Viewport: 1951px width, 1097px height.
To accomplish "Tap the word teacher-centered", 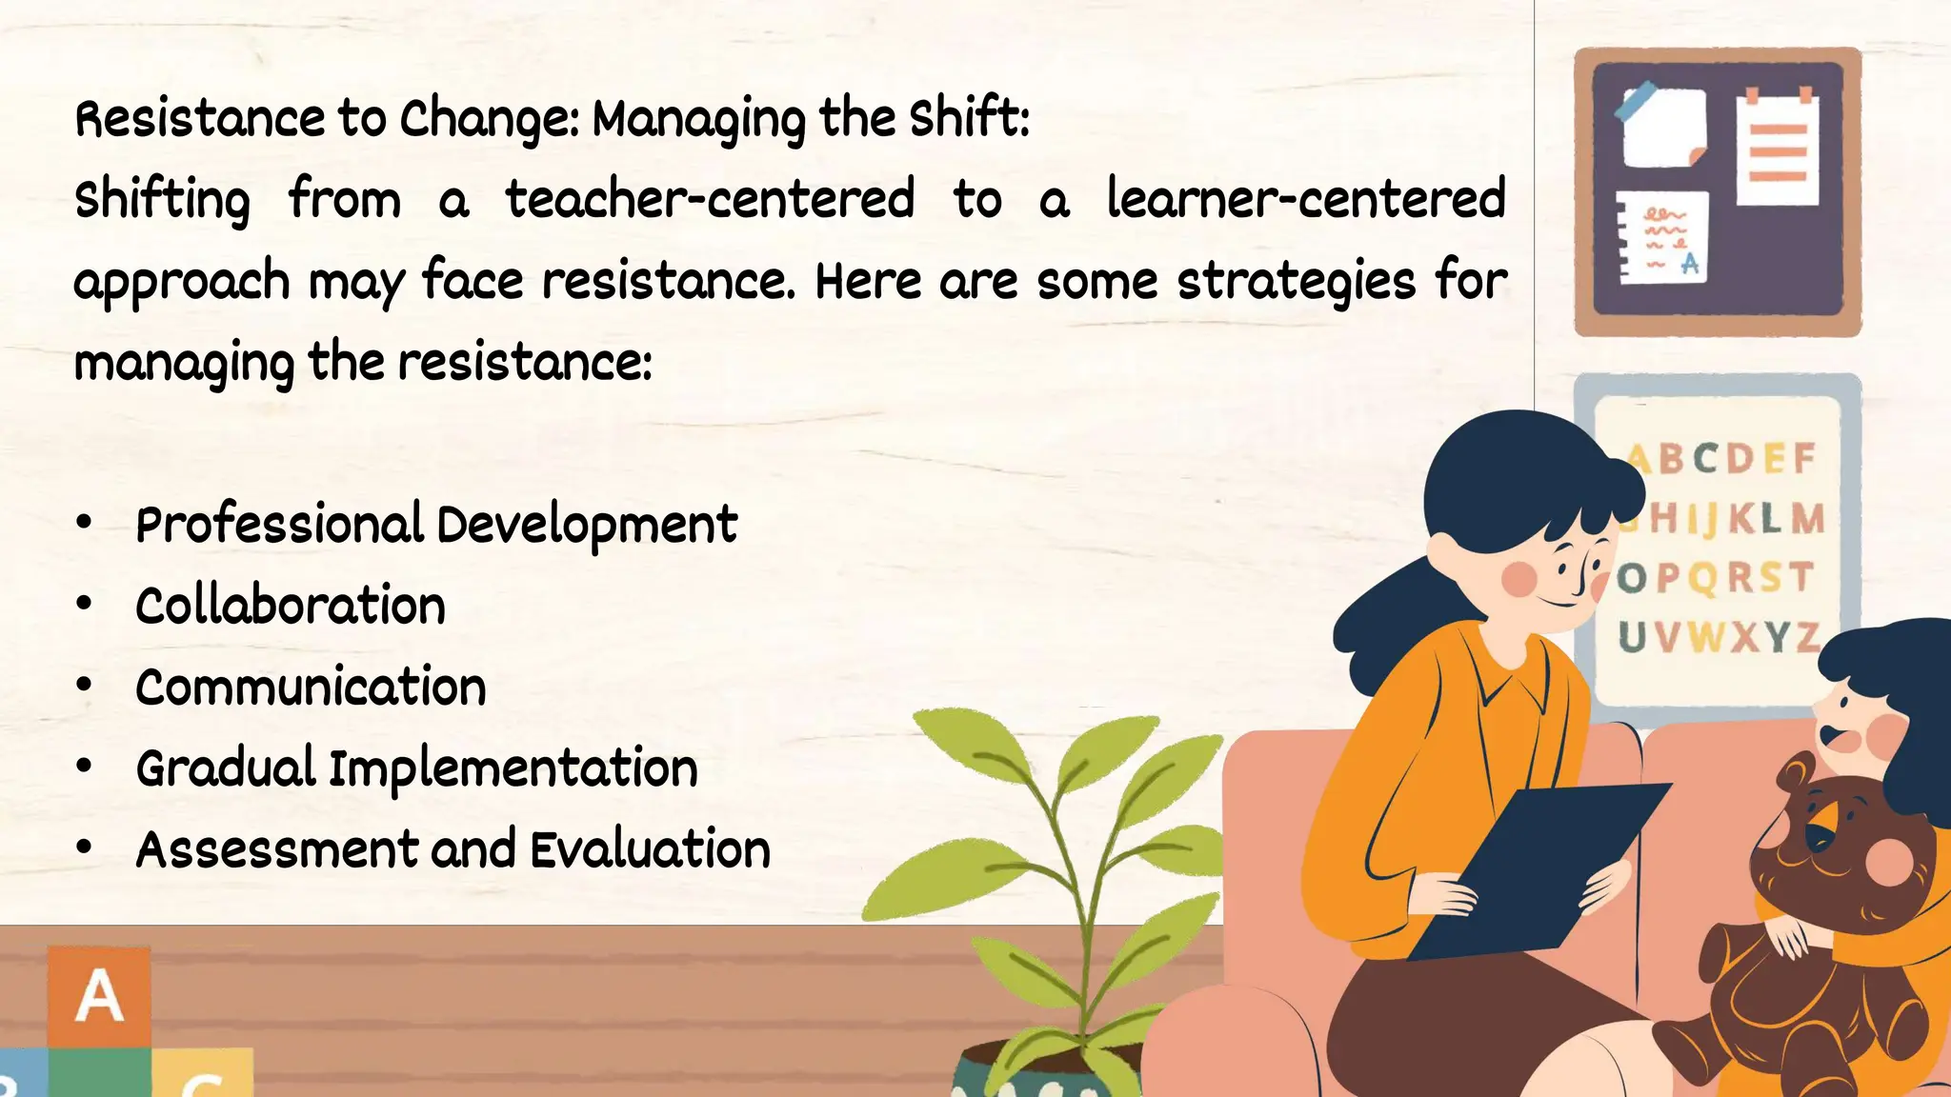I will click(710, 200).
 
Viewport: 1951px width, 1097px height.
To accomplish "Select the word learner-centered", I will click(1306, 200).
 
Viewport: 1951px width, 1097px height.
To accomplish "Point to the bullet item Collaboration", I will click(291, 607).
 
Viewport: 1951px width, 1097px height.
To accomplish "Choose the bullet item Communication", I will click(311, 688).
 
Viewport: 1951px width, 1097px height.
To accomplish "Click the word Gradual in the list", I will click(226, 768).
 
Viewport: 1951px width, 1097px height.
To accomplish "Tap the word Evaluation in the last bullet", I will click(650, 849).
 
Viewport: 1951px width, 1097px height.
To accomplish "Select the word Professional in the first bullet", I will click(279, 525).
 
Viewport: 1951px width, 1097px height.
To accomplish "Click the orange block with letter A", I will click(99, 996).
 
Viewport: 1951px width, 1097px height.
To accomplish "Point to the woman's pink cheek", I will click(1519, 578).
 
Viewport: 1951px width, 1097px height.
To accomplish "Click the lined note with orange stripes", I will click(1777, 150).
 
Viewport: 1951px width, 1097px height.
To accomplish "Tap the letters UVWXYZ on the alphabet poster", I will click(1719, 637).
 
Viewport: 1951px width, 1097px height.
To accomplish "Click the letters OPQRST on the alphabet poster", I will click(1715, 578).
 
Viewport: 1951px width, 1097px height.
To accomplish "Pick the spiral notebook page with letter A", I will click(1663, 238).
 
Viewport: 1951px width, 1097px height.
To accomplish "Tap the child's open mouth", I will click(1832, 736).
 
